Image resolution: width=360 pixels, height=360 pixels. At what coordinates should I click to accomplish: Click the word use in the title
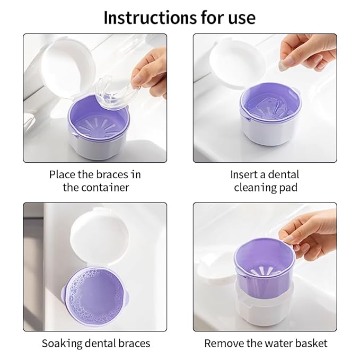click(239, 17)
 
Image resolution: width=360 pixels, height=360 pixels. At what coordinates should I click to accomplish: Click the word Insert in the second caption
click(245, 174)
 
